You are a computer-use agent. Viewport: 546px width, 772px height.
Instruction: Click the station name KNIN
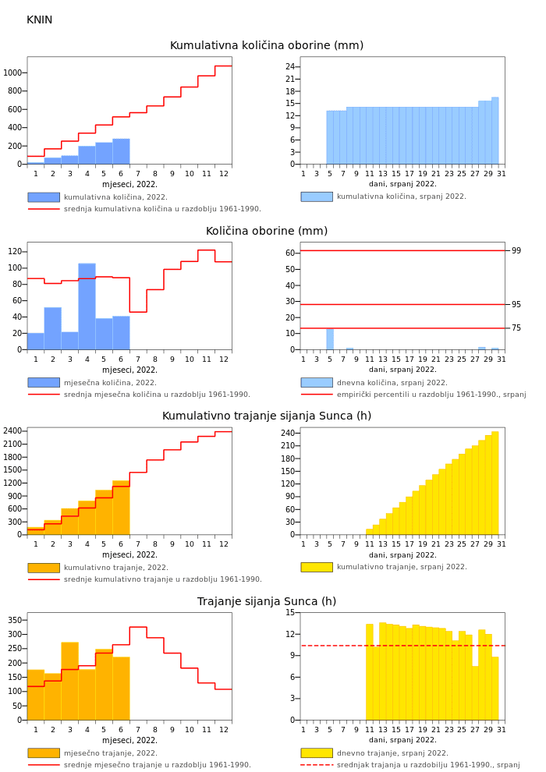pyautogui.click(x=39, y=19)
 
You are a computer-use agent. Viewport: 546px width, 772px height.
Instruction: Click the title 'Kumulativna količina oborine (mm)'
pyautogui.click(x=266, y=45)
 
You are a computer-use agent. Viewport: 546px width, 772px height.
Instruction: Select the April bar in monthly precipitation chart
pyautogui.click(x=87, y=306)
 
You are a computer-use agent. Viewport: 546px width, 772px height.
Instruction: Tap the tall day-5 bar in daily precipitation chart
pyautogui.click(x=330, y=338)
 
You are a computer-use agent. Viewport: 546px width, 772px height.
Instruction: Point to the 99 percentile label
pyautogui.click(x=516, y=250)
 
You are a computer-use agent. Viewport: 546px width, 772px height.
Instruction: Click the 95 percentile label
pyautogui.click(x=516, y=304)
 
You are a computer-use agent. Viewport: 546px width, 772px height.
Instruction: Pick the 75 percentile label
pyautogui.click(x=516, y=328)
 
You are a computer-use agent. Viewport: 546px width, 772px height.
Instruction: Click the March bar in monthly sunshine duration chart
pyautogui.click(x=70, y=681)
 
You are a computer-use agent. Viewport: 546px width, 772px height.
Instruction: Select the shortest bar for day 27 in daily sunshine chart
pyautogui.click(x=475, y=692)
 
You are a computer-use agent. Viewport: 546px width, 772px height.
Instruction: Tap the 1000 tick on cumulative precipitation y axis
pyautogui.click(x=12, y=73)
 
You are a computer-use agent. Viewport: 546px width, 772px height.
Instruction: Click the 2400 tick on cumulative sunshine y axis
pyautogui.click(x=12, y=430)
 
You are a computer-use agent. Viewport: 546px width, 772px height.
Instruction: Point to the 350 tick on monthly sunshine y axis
pyautogui.click(x=15, y=620)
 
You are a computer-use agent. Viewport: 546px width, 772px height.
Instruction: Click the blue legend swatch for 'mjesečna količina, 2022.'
pyautogui.click(x=44, y=383)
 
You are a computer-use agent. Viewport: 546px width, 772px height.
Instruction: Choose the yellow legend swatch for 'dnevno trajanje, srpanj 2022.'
pyautogui.click(x=317, y=753)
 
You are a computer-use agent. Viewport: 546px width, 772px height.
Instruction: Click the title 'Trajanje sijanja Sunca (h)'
pyautogui.click(x=266, y=601)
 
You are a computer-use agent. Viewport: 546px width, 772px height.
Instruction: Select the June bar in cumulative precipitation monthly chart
pyautogui.click(x=121, y=151)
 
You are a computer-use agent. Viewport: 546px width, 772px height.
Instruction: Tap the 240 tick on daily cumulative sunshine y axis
pyautogui.click(x=287, y=434)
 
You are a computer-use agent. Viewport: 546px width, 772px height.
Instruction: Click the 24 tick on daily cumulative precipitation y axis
pyautogui.click(x=290, y=66)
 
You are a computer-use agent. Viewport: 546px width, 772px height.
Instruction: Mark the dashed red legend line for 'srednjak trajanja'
pyautogui.click(x=317, y=765)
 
